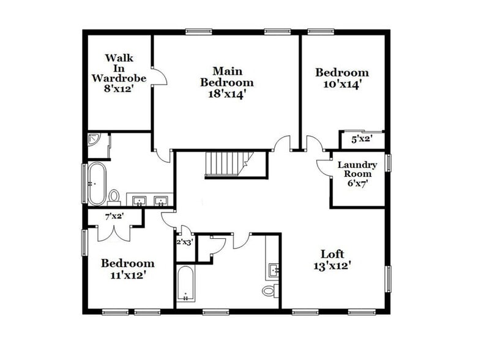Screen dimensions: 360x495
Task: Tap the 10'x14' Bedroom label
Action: (342, 78)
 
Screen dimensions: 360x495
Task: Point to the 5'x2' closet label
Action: (360, 139)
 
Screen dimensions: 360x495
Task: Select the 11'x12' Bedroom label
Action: (127, 269)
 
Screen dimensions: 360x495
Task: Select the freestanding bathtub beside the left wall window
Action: (95, 183)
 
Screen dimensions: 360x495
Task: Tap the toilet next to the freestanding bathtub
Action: (114, 197)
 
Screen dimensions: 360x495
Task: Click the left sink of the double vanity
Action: (140, 200)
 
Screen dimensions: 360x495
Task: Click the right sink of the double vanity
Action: (161, 200)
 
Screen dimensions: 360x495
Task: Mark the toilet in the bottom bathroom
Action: (269, 290)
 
